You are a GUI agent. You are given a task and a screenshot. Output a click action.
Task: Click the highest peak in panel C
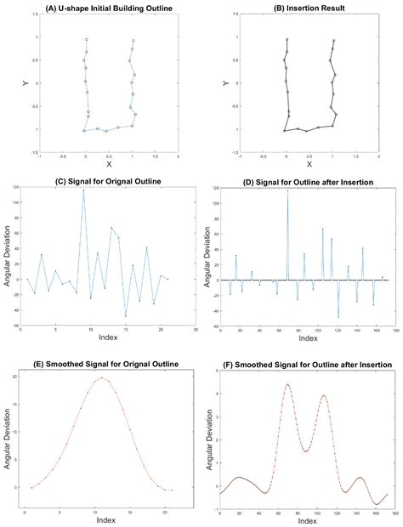point(83,190)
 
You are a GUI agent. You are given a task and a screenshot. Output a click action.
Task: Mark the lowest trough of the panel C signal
point(126,316)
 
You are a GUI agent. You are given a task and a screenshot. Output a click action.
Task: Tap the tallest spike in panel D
point(287,191)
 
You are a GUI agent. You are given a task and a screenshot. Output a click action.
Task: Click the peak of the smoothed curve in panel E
point(102,377)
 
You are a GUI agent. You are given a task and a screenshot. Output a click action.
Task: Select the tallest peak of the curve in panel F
point(287,384)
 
